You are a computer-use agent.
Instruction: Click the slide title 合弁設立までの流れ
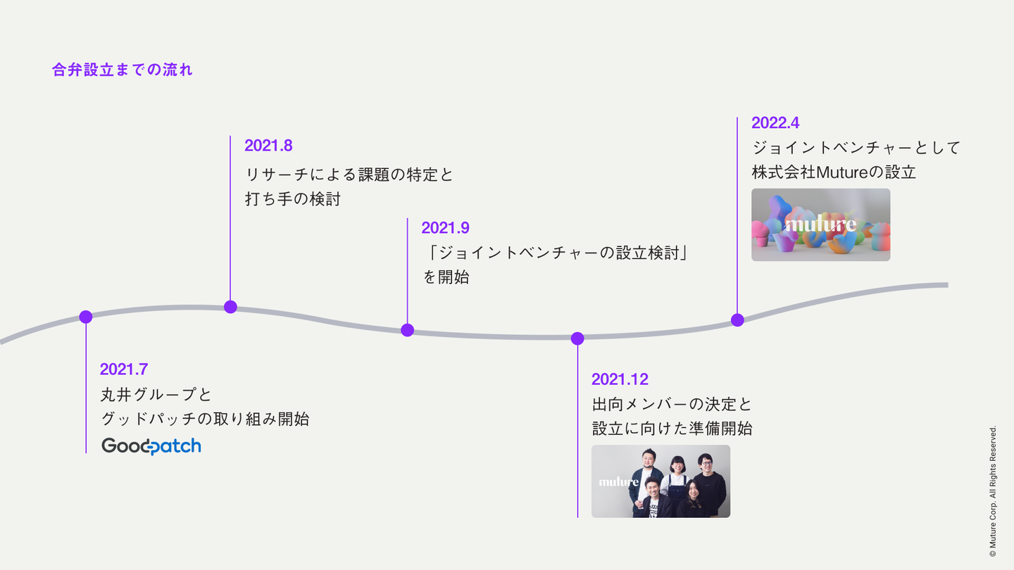tap(123, 70)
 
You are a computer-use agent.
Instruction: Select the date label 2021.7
tap(124, 369)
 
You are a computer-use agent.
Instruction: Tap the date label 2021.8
tap(268, 146)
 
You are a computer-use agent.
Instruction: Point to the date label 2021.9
tap(446, 228)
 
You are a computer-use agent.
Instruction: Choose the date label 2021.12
tap(620, 379)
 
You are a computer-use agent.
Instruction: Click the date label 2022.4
tap(775, 122)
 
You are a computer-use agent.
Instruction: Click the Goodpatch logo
tap(151, 446)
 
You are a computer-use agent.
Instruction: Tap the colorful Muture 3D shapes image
tap(821, 225)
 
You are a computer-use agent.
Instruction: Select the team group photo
tap(661, 481)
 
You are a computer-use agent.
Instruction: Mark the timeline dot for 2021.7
tap(86, 317)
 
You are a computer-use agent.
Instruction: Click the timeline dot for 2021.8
tap(230, 307)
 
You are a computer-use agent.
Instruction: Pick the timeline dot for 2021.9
tap(408, 330)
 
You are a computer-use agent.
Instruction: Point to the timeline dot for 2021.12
tap(577, 338)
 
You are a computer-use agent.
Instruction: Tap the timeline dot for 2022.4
tap(737, 319)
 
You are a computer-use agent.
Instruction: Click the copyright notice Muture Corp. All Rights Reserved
tap(993, 491)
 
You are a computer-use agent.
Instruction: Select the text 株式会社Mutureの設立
tap(834, 172)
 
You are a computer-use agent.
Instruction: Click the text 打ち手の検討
tap(292, 199)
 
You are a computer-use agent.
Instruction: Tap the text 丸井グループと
tap(156, 395)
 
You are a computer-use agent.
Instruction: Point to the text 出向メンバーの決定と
tap(672, 405)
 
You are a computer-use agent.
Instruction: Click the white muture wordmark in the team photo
tap(618, 482)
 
